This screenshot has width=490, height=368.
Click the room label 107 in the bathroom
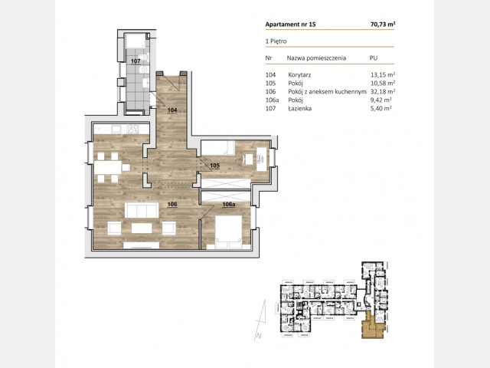(136, 61)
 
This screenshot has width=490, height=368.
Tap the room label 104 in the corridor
(172, 110)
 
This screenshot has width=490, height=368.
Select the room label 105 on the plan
(214, 166)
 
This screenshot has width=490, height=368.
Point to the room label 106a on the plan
(229, 205)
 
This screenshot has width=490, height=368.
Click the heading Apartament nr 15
(291, 25)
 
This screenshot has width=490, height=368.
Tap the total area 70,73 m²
(383, 24)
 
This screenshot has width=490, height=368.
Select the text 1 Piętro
(276, 41)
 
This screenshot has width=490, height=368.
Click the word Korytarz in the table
(299, 75)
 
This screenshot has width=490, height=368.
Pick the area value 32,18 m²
(383, 91)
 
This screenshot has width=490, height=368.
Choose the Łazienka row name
(299, 108)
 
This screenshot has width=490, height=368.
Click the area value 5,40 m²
(381, 108)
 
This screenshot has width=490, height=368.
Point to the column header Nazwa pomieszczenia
(316, 58)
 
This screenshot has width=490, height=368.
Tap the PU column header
(374, 58)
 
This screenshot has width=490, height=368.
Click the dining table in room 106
(108, 167)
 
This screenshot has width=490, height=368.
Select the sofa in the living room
(142, 210)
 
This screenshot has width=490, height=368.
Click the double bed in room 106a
(229, 232)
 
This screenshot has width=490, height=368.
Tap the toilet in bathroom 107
(144, 58)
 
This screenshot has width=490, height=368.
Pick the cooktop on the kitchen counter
(132, 130)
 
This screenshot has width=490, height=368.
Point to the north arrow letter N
(259, 337)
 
